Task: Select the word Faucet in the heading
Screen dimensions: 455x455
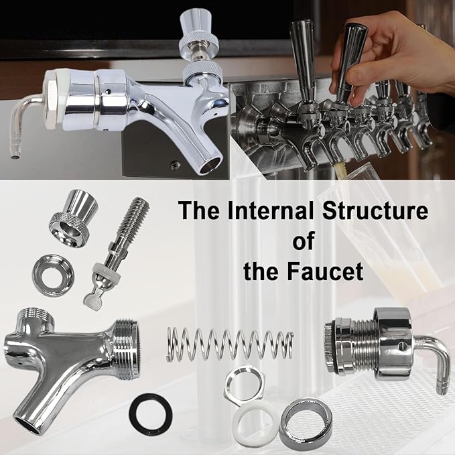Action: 325,271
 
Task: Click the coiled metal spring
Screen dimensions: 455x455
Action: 230,344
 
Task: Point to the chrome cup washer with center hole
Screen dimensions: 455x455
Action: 53,275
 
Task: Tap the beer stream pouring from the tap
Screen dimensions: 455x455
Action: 340,170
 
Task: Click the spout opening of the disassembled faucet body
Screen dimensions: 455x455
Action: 28,426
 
